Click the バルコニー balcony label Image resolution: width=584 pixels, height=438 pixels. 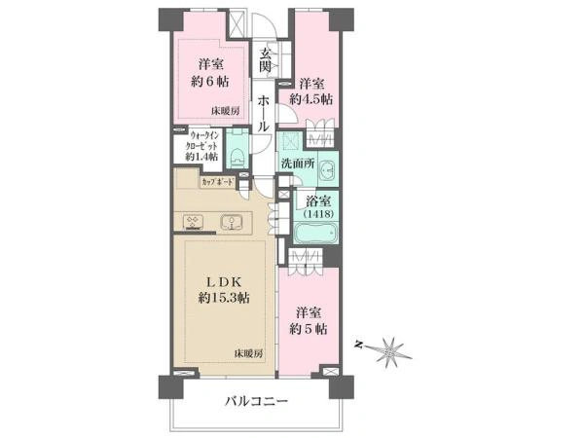point(257,401)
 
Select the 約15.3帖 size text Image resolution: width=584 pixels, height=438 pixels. point(224,298)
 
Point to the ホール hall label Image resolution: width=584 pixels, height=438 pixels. point(264,113)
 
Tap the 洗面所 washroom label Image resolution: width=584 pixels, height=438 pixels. point(298,164)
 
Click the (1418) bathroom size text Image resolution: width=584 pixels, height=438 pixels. point(318,214)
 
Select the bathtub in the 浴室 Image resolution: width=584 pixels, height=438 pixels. point(316,234)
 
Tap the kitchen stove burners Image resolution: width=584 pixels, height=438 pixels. point(193,222)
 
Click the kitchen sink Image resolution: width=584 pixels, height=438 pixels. point(232,222)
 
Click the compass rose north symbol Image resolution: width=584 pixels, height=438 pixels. point(390,350)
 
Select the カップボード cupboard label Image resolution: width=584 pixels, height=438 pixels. point(218,182)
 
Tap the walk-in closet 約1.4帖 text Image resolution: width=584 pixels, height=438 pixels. point(202,157)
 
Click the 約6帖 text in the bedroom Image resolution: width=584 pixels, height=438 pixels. point(210,81)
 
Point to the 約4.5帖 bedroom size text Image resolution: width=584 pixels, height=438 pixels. point(311,99)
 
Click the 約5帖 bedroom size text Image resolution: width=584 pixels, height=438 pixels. point(309,329)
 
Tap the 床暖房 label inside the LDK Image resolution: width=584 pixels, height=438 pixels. point(248,353)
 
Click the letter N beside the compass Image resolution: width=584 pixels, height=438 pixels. point(359,345)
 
